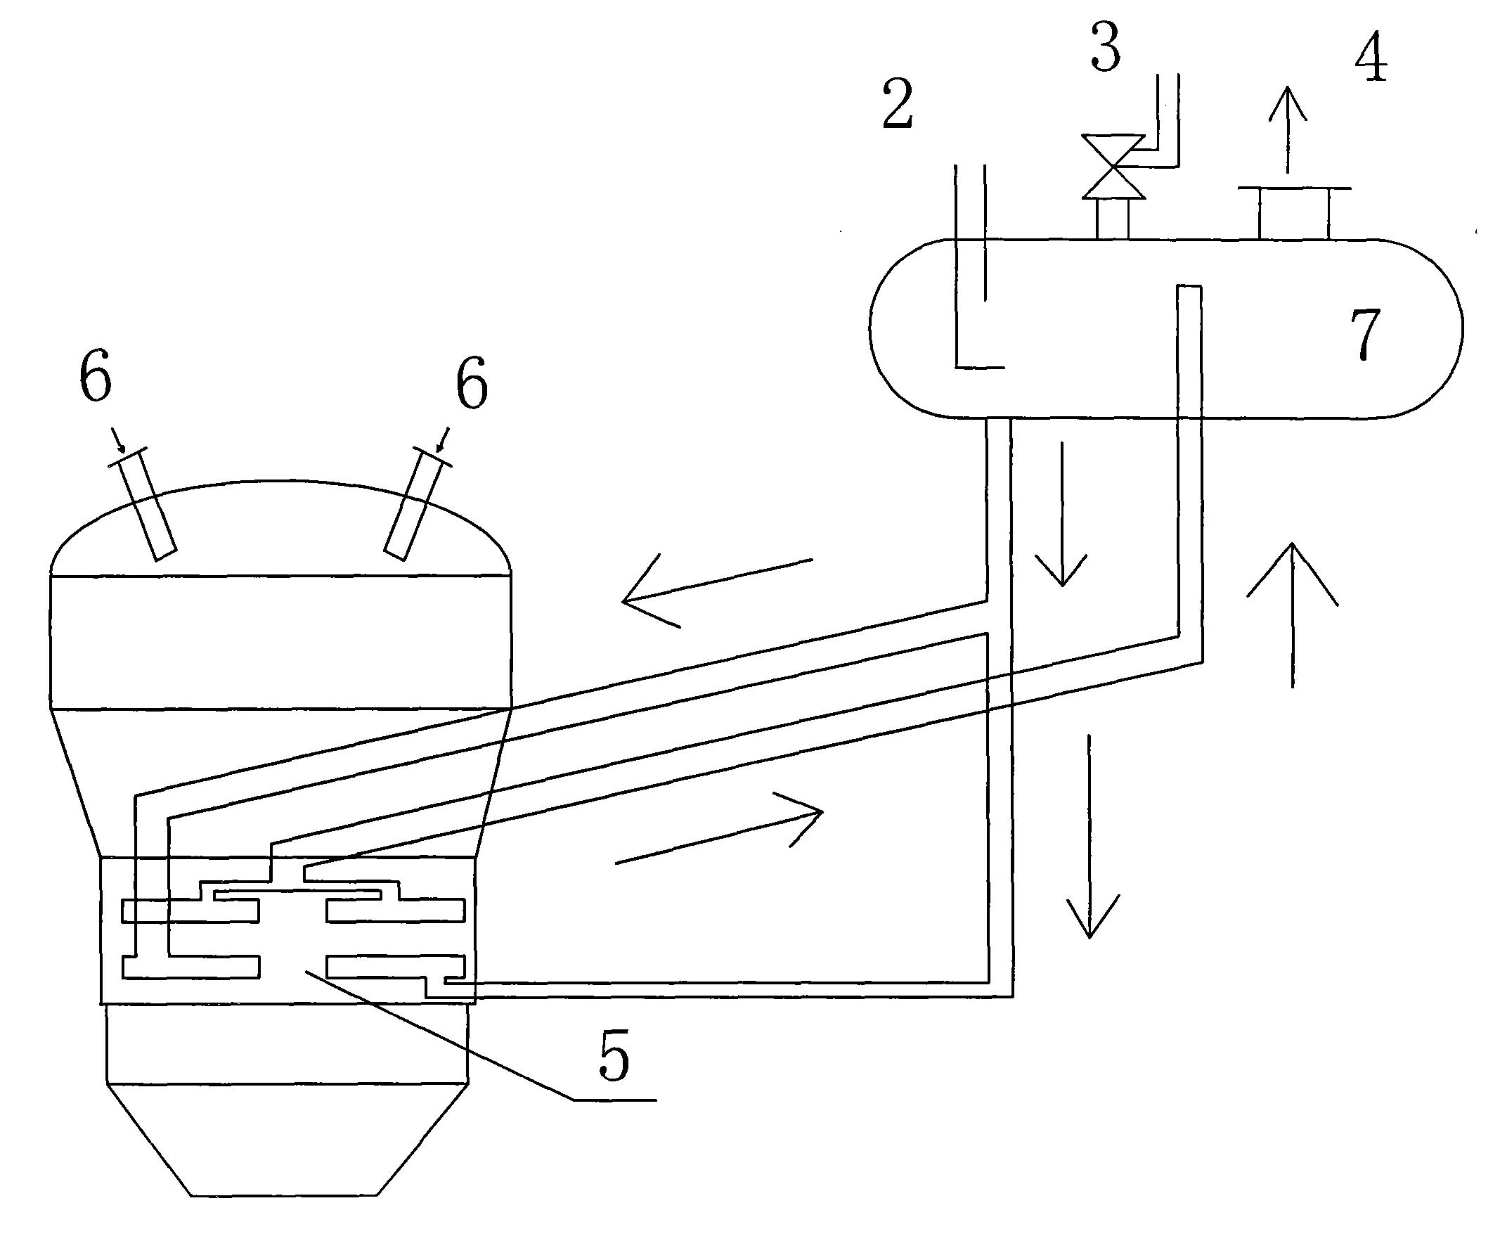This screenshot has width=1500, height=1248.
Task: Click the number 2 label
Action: [898, 104]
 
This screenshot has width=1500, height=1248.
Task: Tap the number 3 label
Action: [1106, 47]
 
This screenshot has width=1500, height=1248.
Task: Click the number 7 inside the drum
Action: [1365, 335]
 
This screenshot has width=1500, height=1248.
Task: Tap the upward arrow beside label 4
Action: [1287, 129]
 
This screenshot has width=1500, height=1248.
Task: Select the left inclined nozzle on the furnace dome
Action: [143, 504]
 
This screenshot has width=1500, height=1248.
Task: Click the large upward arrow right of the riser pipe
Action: [1292, 615]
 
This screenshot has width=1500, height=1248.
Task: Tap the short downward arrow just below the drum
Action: [1062, 515]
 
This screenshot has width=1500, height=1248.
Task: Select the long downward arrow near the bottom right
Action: [1090, 836]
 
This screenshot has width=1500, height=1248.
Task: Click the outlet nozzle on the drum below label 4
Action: [1293, 213]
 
